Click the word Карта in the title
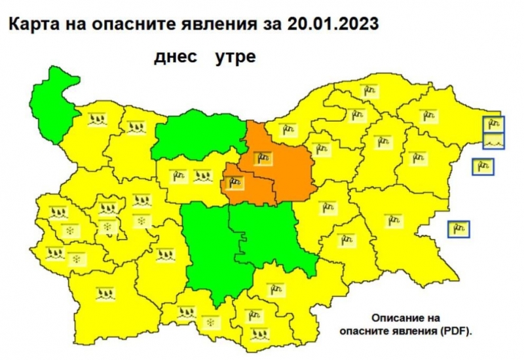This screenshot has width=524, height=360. coord(33,24)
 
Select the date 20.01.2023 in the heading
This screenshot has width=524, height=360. coord(332,24)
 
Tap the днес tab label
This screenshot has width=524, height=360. coord(176,57)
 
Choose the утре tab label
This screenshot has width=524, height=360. coord(234,57)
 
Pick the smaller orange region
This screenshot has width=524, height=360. coord(246,187)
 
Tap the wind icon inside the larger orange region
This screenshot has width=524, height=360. coord(263,158)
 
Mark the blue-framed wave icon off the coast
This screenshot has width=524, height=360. coord(493,140)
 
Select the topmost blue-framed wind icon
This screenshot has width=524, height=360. coord(493,123)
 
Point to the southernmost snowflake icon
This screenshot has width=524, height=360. coord(210,323)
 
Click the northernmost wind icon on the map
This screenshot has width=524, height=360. coord(371,88)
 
